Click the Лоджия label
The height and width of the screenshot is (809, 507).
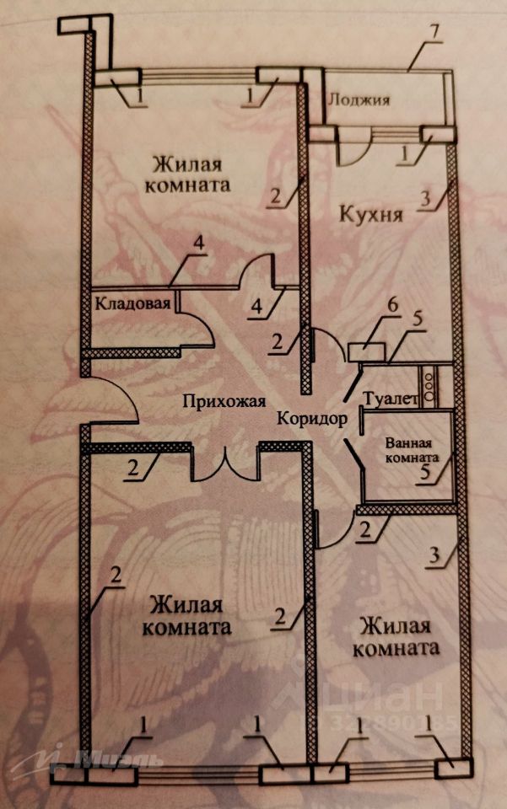point(359,100)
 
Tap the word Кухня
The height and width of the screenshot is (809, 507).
point(370,214)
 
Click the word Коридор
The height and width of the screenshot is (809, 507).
point(311,418)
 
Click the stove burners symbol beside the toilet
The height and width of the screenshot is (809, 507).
point(432,384)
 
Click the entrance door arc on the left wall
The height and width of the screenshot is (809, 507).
point(116,401)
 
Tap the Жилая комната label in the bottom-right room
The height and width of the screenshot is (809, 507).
point(396,637)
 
